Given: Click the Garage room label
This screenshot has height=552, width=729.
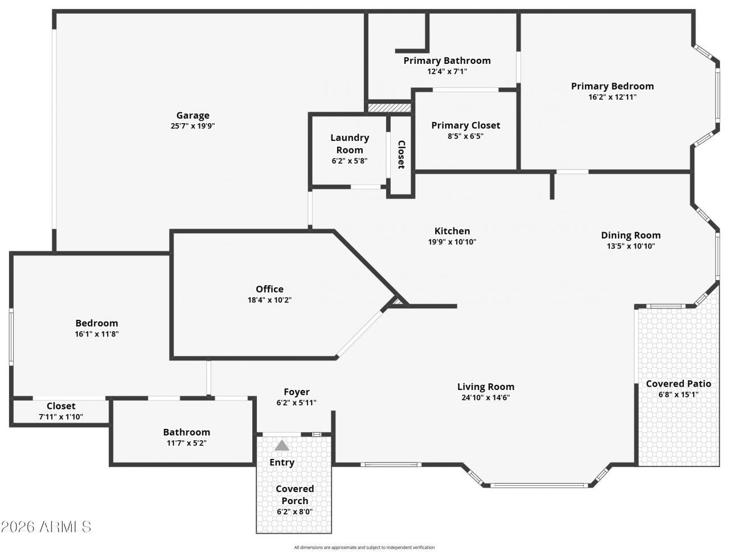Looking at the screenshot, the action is point(193,115).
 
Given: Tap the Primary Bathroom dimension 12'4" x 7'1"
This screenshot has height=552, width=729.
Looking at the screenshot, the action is point(447,71).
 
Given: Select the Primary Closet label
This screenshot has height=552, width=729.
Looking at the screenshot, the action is point(466,125).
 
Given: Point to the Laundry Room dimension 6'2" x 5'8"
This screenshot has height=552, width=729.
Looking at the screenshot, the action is point(349,161).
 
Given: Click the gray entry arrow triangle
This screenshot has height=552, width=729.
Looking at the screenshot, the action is point(282,445).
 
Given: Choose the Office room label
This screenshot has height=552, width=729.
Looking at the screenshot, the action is point(269,289).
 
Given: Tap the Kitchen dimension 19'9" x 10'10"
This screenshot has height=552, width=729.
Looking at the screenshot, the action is point(452,242).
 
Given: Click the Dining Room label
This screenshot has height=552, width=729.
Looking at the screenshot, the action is point(630,236).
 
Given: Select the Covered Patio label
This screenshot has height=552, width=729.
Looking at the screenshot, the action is point(678,384).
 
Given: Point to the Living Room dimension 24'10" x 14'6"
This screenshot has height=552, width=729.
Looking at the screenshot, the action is point(486,397).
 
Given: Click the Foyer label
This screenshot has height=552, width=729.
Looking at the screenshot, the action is point(297,392).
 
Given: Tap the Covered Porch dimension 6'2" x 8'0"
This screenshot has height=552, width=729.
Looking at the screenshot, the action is point(294,512).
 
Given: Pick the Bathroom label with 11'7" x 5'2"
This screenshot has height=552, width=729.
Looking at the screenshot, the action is point(186,432).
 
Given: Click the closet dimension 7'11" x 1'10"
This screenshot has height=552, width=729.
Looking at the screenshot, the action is point(61,417).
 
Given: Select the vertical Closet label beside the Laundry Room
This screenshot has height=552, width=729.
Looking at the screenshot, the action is point(401,155).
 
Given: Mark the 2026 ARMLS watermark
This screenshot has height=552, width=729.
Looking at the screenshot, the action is point(46,527).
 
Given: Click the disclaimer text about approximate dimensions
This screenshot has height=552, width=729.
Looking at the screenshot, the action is point(364,547).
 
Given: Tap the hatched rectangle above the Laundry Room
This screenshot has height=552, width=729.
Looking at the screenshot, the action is point(390,108).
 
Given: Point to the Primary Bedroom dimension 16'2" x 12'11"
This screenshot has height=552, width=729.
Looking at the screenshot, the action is point(612,97).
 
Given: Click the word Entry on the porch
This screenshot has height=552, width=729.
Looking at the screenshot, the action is point(282,462).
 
